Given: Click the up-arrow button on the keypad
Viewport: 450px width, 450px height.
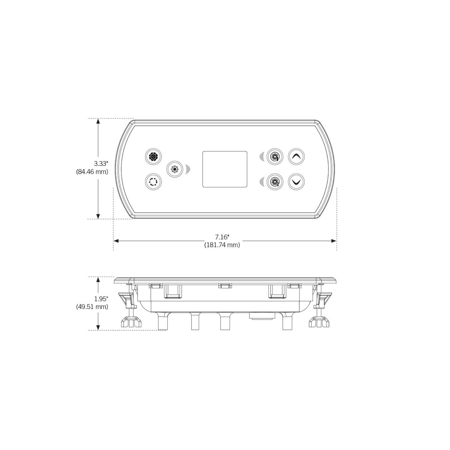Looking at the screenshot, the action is [296, 157].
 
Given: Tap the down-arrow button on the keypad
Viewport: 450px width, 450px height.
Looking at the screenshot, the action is [296, 182].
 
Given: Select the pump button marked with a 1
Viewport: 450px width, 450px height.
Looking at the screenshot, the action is [275, 157].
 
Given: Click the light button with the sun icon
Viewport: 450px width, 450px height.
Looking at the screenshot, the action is [175, 169].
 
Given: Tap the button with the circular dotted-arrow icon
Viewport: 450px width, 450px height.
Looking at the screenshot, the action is [153, 181].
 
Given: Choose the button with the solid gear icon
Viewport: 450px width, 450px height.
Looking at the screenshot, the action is [153, 157].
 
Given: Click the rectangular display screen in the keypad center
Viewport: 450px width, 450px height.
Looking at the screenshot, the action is [225, 169].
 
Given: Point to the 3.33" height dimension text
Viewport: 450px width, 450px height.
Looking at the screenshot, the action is [101, 164].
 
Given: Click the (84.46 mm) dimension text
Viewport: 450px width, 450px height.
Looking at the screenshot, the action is [92, 172].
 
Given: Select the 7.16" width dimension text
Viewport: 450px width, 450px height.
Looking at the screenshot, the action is [222, 237].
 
